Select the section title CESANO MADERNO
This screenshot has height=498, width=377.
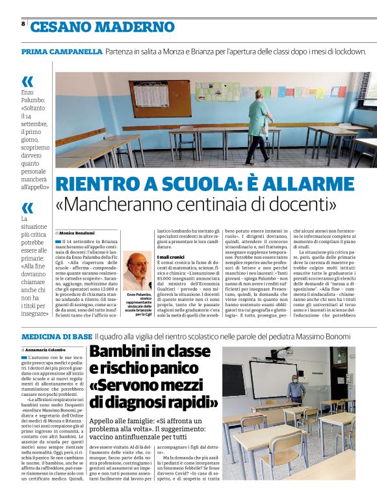(x=103, y=27)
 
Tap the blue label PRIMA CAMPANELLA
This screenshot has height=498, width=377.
(x=62, y=51)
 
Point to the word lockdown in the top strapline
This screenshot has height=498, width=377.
(x=347, y=51)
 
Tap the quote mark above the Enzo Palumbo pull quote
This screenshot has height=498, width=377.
(x=27, y=82)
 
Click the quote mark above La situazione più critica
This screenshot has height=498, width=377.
(x=27, y=208)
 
